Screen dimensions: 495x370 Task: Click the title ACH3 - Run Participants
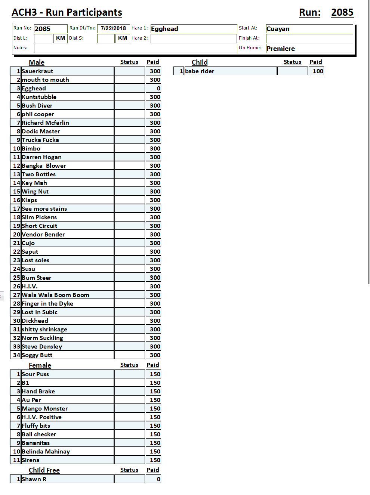coord(67,12)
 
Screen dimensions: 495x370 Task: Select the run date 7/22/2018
coord(113,28)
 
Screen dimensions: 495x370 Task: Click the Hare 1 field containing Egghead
coord(193,29)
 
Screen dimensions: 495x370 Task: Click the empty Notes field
coord(135,48)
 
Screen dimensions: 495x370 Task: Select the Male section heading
coord(37,62)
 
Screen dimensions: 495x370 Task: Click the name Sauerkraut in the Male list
coord(37,71)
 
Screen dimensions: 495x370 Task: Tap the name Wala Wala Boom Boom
coord(55,295)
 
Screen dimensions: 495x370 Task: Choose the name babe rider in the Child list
coord(200,71)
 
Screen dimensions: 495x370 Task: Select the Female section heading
coord(40,365)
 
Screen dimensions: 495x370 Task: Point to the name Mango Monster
coord(45,409)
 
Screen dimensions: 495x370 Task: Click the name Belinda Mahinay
coord(46,452)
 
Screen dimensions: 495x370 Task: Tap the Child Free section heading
coord(44,470)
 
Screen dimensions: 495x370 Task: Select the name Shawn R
coord(34,479)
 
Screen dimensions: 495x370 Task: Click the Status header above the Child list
coord(292,62)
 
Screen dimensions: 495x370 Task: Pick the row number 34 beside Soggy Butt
coord(16,355)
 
